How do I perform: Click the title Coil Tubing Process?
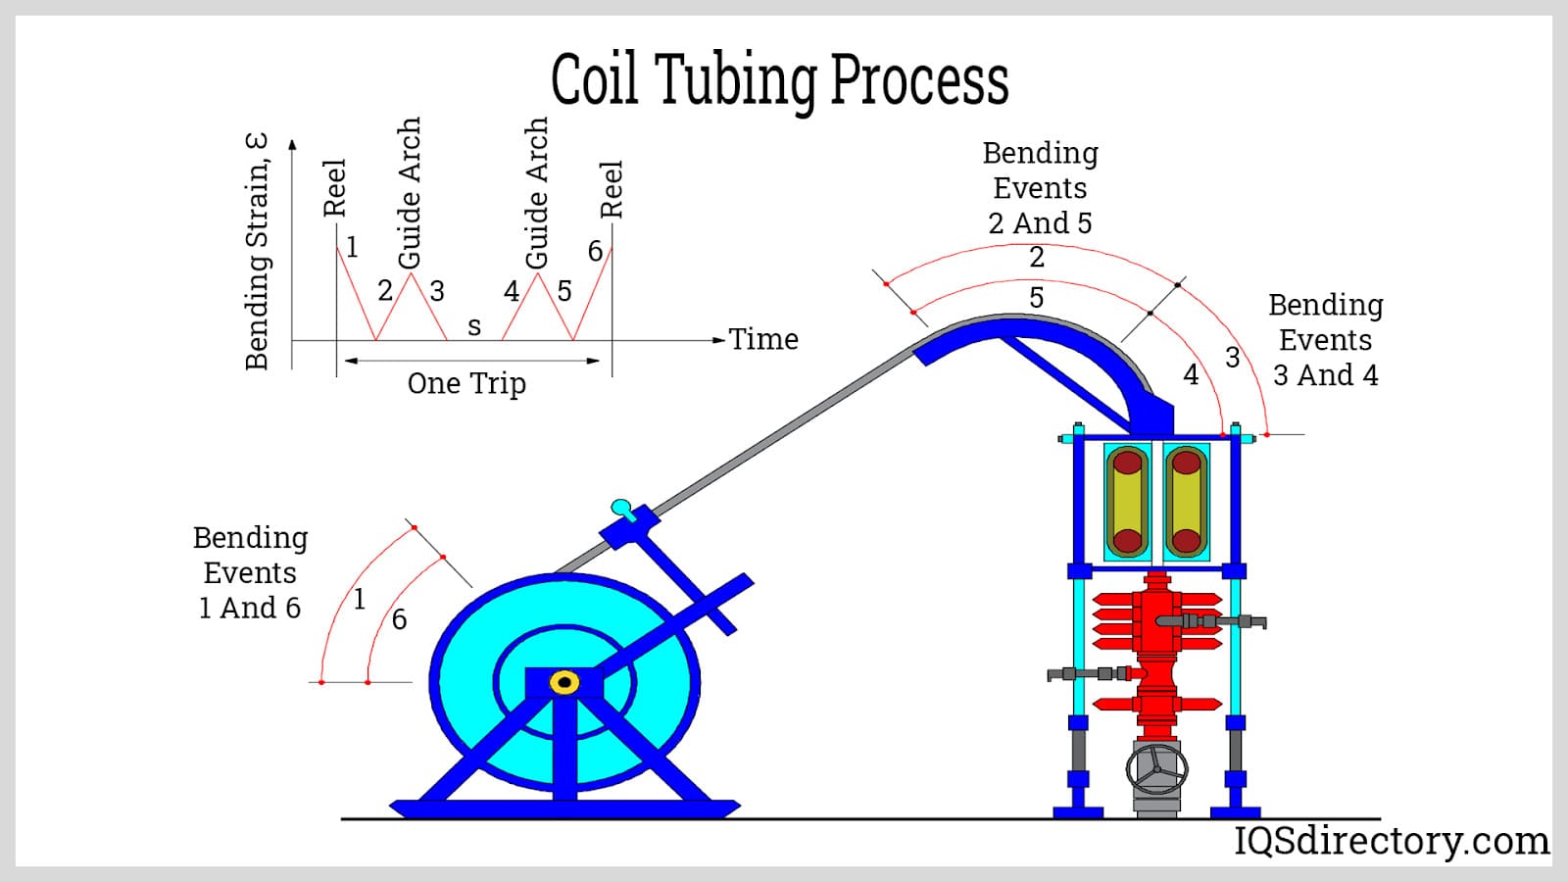click(779, 80)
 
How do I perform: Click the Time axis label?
click(763, 339)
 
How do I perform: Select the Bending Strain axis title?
click(257, 252)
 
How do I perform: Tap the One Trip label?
click(466, 383)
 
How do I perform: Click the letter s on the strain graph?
click(474, 326)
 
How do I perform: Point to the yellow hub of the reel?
click(563, 682)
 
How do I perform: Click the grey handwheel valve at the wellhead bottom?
click(1157, 768)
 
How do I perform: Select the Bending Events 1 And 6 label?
click(250, 572)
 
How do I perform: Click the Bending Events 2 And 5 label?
click(1040, 188)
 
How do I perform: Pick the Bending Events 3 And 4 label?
click(1326, 340)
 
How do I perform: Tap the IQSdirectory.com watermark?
click(1392, 841)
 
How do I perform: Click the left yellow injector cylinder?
click(1127, 502)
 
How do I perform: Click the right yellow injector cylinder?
click(1187, 502)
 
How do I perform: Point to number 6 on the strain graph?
click(595, 252)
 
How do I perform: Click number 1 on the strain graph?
click(352, 247)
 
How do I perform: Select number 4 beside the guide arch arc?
click(1191, 375)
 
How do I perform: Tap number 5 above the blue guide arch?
click(1036, 298)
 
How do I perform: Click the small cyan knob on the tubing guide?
click(621, 507)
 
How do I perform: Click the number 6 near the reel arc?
click(399, 619)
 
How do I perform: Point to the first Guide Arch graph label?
click(410, 192)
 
